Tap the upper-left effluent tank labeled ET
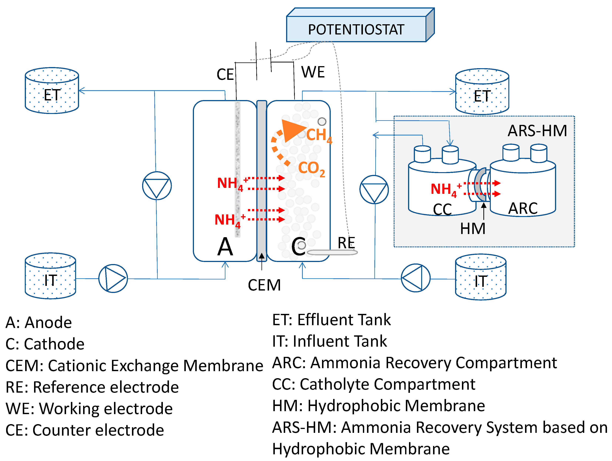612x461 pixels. pos(52,91)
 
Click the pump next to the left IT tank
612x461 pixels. pos(113,278)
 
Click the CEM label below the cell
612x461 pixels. pos(264,285)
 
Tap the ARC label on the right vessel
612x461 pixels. pos(523,208)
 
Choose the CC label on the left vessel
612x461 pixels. pos(442,209)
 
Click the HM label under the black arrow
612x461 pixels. pos(473,229)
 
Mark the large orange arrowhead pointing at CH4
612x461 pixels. pos(292,130)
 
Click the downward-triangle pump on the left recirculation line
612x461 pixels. pos(157,186)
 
